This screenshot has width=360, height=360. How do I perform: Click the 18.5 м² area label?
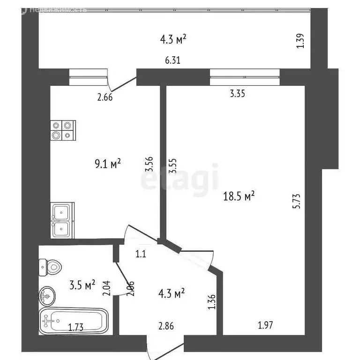tap(240, 196)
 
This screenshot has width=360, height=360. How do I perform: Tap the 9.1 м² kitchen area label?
tap(107, 164)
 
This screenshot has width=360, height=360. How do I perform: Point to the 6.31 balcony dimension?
tap(172, 60)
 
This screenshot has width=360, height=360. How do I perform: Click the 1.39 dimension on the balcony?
tap(301, 40)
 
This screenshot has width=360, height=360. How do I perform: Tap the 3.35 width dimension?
tap(238, 94)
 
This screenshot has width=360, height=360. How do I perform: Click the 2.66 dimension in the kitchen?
tap(105, 97)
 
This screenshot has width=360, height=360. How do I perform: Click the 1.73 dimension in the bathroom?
tap(76, 327)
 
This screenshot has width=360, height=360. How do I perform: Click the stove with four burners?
tap(63, 130)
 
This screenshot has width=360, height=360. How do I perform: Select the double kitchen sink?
tap(61, 220)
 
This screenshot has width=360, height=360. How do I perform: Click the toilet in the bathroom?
tap(50, 267)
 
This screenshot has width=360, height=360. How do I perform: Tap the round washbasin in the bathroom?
tap(47, 295)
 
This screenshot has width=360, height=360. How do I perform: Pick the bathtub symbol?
tap(74, 321)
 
